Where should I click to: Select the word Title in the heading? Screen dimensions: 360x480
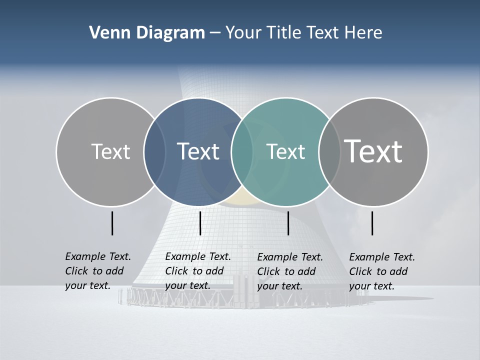[x=282, y=33]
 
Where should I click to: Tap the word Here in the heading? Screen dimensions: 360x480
[x=363, y=33]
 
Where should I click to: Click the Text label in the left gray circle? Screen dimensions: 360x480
[x=110, y=151]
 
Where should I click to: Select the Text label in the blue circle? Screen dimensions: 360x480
[x=198, y=151]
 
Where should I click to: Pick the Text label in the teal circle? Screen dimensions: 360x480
[x=285, y=151]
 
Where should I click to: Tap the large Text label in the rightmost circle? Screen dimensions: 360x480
[x=373, y=151]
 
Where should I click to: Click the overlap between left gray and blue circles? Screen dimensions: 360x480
[x=154, y=151]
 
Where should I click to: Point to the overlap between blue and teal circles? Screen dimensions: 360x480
[x=241, y=151]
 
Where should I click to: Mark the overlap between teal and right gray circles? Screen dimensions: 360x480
[x=328, y=151]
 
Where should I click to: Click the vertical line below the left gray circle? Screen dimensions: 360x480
[x=112, y=223]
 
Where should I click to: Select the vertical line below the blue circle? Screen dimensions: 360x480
[x=200, y=223]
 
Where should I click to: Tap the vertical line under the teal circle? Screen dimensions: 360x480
[x=288, y=223]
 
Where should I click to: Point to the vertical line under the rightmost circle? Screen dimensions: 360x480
[x=372, y=223]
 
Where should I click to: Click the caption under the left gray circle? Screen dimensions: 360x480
[x=98, y=271]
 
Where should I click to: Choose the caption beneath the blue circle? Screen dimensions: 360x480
[x=198, y=271]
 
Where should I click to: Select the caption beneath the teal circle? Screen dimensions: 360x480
[x=290, y=271]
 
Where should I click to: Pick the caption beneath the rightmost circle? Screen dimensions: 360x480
[x=382, y=271]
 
